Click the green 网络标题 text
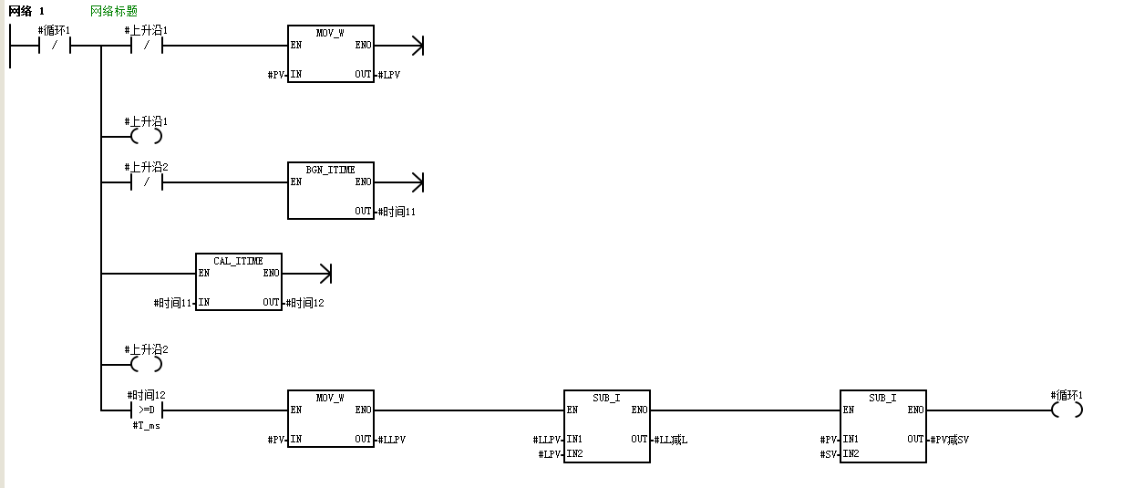click(x=114, y=11)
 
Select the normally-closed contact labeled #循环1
click(x=55, y=45)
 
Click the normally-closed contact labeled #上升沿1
click(x=146, y=45)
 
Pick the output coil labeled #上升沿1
click(x=146, y=137)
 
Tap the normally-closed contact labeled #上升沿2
click(x=146, y=182)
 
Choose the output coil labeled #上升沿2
click(x=146, y=365)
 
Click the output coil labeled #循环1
click(x=1067, y=410)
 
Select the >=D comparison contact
click(x=146, y=410)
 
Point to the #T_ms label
click(x=146, y=426)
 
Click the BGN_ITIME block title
click(x=330, y=170)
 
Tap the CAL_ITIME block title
click(x=238, y=261)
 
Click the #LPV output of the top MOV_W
click(x=388, y=75)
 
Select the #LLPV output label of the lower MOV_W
click(x=391, y=440)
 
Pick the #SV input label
click(x=830, y=453)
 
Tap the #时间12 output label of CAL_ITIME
click(x=304, y=303)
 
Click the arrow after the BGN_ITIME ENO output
click(x=417, y=182)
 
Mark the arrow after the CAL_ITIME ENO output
click(x=323, y=273)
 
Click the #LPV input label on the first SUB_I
click(x=550, y=453)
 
